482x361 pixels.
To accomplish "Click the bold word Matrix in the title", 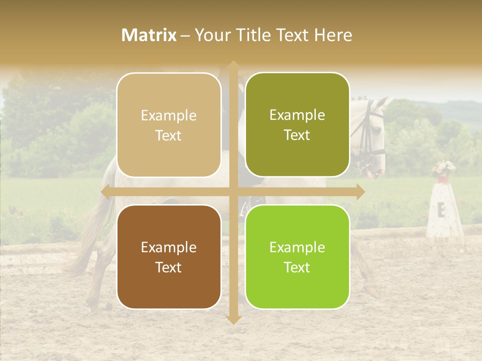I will [x=149, y=35].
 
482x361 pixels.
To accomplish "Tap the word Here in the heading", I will [x=333, y=35].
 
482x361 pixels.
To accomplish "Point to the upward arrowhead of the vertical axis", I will [x=233, y=65].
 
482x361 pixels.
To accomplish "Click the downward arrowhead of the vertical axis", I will [x=233, y=319].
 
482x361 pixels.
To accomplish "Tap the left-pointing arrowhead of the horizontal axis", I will [x=105, y=192].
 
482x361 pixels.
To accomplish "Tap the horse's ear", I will [x=384, y=103].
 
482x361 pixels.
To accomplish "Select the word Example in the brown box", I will [x=169, y=247].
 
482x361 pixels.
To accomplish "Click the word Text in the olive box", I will [x=297, y=135].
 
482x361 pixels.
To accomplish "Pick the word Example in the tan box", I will [x=169, y=116].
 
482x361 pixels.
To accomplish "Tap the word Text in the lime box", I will [x=297, y=267].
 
